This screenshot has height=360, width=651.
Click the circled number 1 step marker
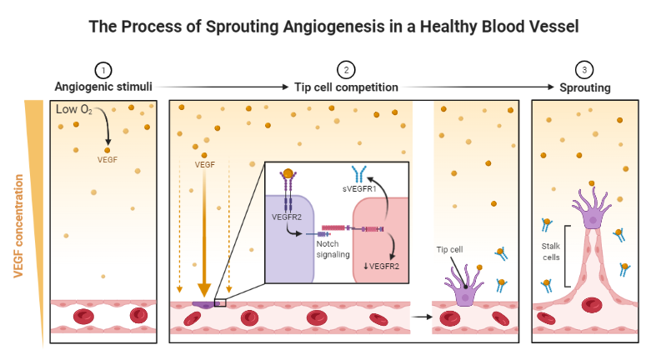(x=103, y=70)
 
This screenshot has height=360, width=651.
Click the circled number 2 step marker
(x=345, y=70)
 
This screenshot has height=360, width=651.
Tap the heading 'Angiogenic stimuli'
(x=104, y=87)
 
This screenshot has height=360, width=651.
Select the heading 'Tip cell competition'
(x=346, y=87)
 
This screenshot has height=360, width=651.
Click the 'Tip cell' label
(x=450, y=249)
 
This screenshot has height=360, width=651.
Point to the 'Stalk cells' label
(x=552, y=251)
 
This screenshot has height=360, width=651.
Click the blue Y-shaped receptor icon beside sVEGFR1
(x=361, y=173)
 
